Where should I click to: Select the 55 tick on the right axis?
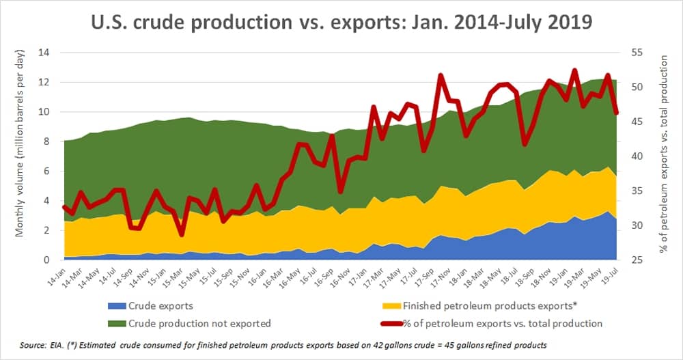click(629, 53)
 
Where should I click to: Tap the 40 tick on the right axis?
click(629, 156)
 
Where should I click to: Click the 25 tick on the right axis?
click(629, 260)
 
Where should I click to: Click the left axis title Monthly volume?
click(21, 156)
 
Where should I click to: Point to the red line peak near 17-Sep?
click(441, 76)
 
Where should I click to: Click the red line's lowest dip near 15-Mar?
click(181, 234)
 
